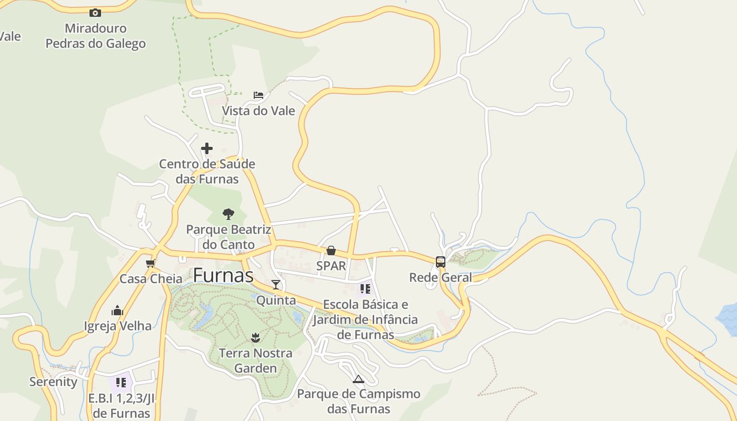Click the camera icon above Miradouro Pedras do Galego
pos(95,13)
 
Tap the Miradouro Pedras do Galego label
pos(95,36)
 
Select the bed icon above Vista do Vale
pos(258,95)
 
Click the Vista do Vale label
pos(258,111)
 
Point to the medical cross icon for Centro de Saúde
pos(207,148)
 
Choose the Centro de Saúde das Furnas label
pos(207,172)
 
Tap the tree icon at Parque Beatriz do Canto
pos(228,214)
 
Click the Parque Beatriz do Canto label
pos(228,237)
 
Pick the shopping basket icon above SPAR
pos(331,250)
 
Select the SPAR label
pos(331,266)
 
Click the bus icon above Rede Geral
pos(441,262)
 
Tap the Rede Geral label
pos(441,277)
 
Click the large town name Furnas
pos(223,275)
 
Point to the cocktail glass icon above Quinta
pos(276,285)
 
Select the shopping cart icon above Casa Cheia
pos(151,263)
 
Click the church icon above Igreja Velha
pos(117,310)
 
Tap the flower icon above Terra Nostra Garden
pos(255,337)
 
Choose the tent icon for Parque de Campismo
pos(358,379)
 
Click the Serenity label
pos(53,382)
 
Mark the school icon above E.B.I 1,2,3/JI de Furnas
pos(121,383)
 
